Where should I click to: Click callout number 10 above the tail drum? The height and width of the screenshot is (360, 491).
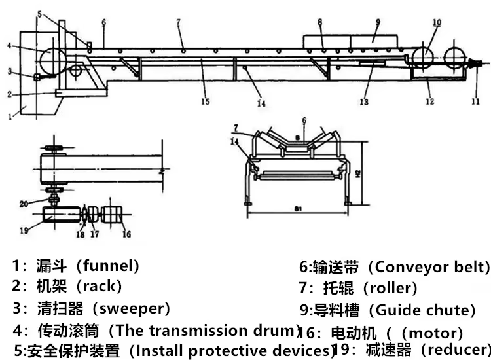coord(437,22)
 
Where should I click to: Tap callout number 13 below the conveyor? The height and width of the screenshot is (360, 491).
coord(365,101)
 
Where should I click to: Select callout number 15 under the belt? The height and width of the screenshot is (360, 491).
coord(205,101)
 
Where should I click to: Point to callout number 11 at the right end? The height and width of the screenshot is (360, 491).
coord(476,101)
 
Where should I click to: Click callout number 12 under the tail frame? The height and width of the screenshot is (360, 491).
coord(429,101)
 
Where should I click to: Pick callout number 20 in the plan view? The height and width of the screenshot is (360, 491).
coord(23,204)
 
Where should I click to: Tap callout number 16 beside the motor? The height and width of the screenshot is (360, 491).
coord(126,234)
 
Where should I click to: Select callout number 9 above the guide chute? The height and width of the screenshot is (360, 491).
coord(378,22)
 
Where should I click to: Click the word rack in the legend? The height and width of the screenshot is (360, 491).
coord(101,286)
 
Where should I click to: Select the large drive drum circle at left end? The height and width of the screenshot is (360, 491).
coord(52,60)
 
